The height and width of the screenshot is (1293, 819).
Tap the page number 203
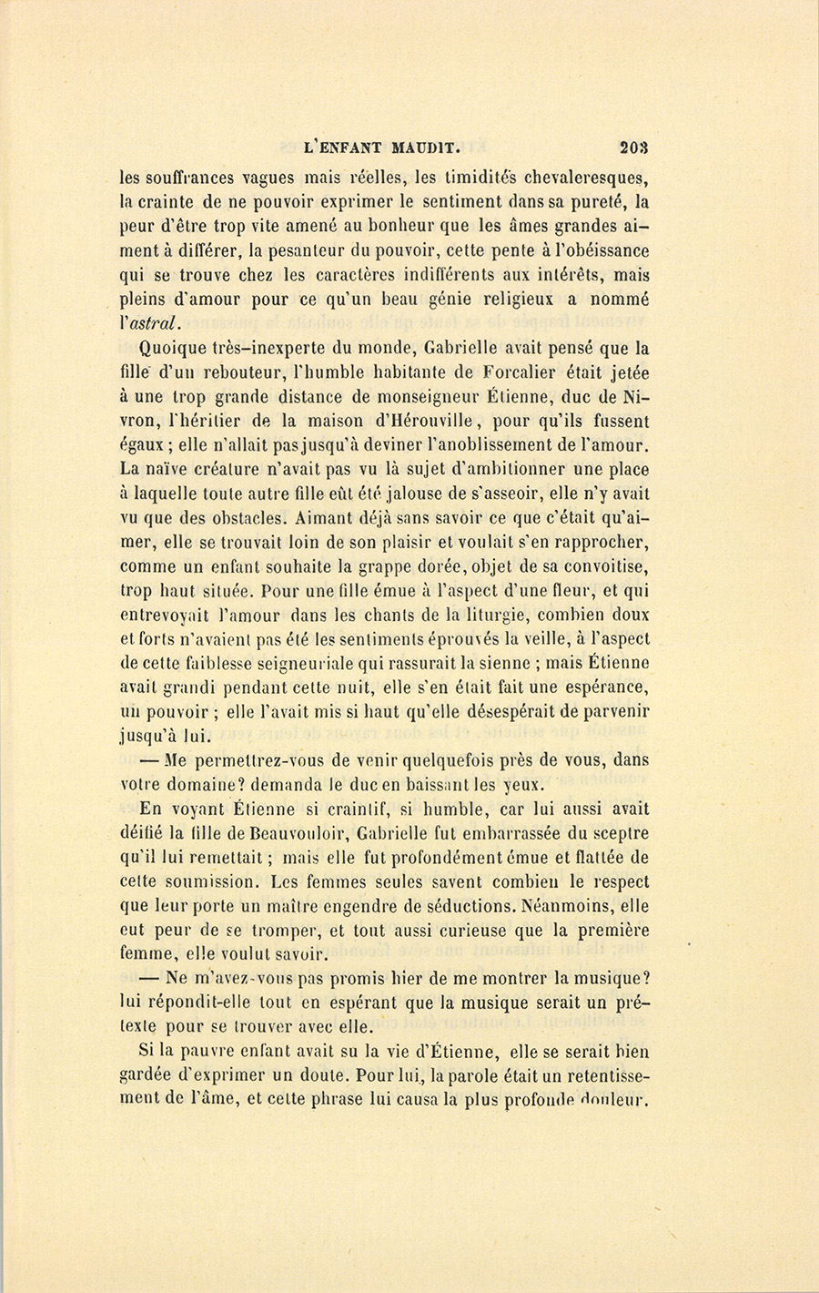(634, 143)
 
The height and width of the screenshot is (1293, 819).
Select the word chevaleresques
(582, 178)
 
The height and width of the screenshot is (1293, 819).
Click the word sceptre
(619, 832)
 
